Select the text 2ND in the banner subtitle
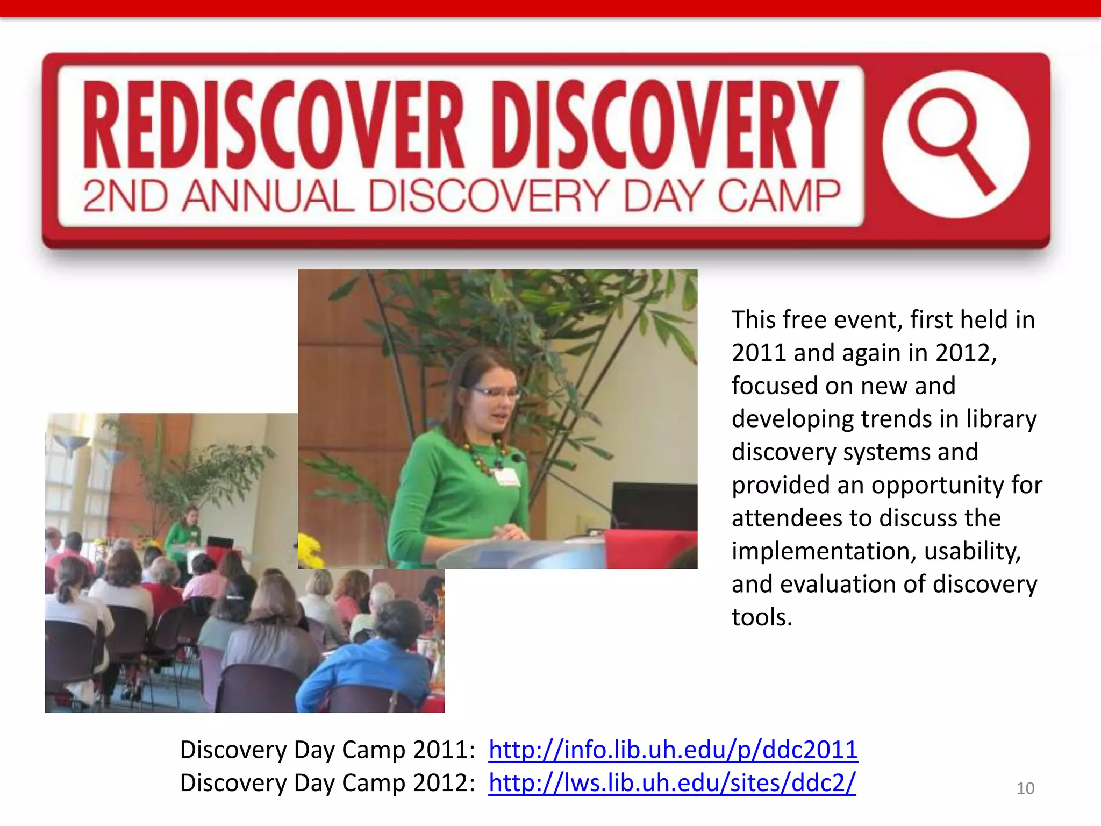[x=125, y=196]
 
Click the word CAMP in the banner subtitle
[x=778, y=196]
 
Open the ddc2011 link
[x=673, y=749]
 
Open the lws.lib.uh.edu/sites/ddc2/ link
[x=671, y=782]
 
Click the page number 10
[x=1025, y=788]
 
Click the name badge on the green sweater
[x=507, y=476]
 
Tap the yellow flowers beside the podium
[x=310, y=550]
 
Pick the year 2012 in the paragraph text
[x=965, y=353]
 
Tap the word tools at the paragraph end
[x=761, y=617]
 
